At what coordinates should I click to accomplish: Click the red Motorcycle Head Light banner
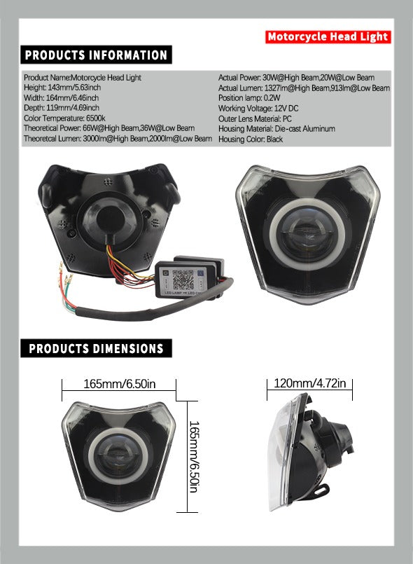tap(328, 36)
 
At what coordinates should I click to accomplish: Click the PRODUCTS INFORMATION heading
tap(96, 55)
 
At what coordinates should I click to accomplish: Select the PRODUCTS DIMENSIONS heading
tap(96, 348)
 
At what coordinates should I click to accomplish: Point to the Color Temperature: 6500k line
tap(64, 118)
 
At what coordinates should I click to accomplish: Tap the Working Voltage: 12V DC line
tap(258, 109)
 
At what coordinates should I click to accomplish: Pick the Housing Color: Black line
tap(250, 139)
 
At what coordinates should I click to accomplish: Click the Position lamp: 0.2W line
tap(248, 98)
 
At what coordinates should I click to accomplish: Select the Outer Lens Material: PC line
tap(255, 118)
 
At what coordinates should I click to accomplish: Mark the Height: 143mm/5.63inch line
tap(62, 88)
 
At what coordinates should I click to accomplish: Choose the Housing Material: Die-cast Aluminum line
tap(276, 129)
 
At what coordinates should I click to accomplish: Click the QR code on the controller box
tap(183, 280)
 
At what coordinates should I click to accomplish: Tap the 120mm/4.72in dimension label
tap(309, 383)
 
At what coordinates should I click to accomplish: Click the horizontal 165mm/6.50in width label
tap(119, 384)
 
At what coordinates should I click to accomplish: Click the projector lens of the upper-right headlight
tap(307, 235)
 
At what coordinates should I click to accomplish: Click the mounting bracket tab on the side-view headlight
tap(321, 490)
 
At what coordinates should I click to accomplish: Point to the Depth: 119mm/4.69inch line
tap(62, 108)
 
